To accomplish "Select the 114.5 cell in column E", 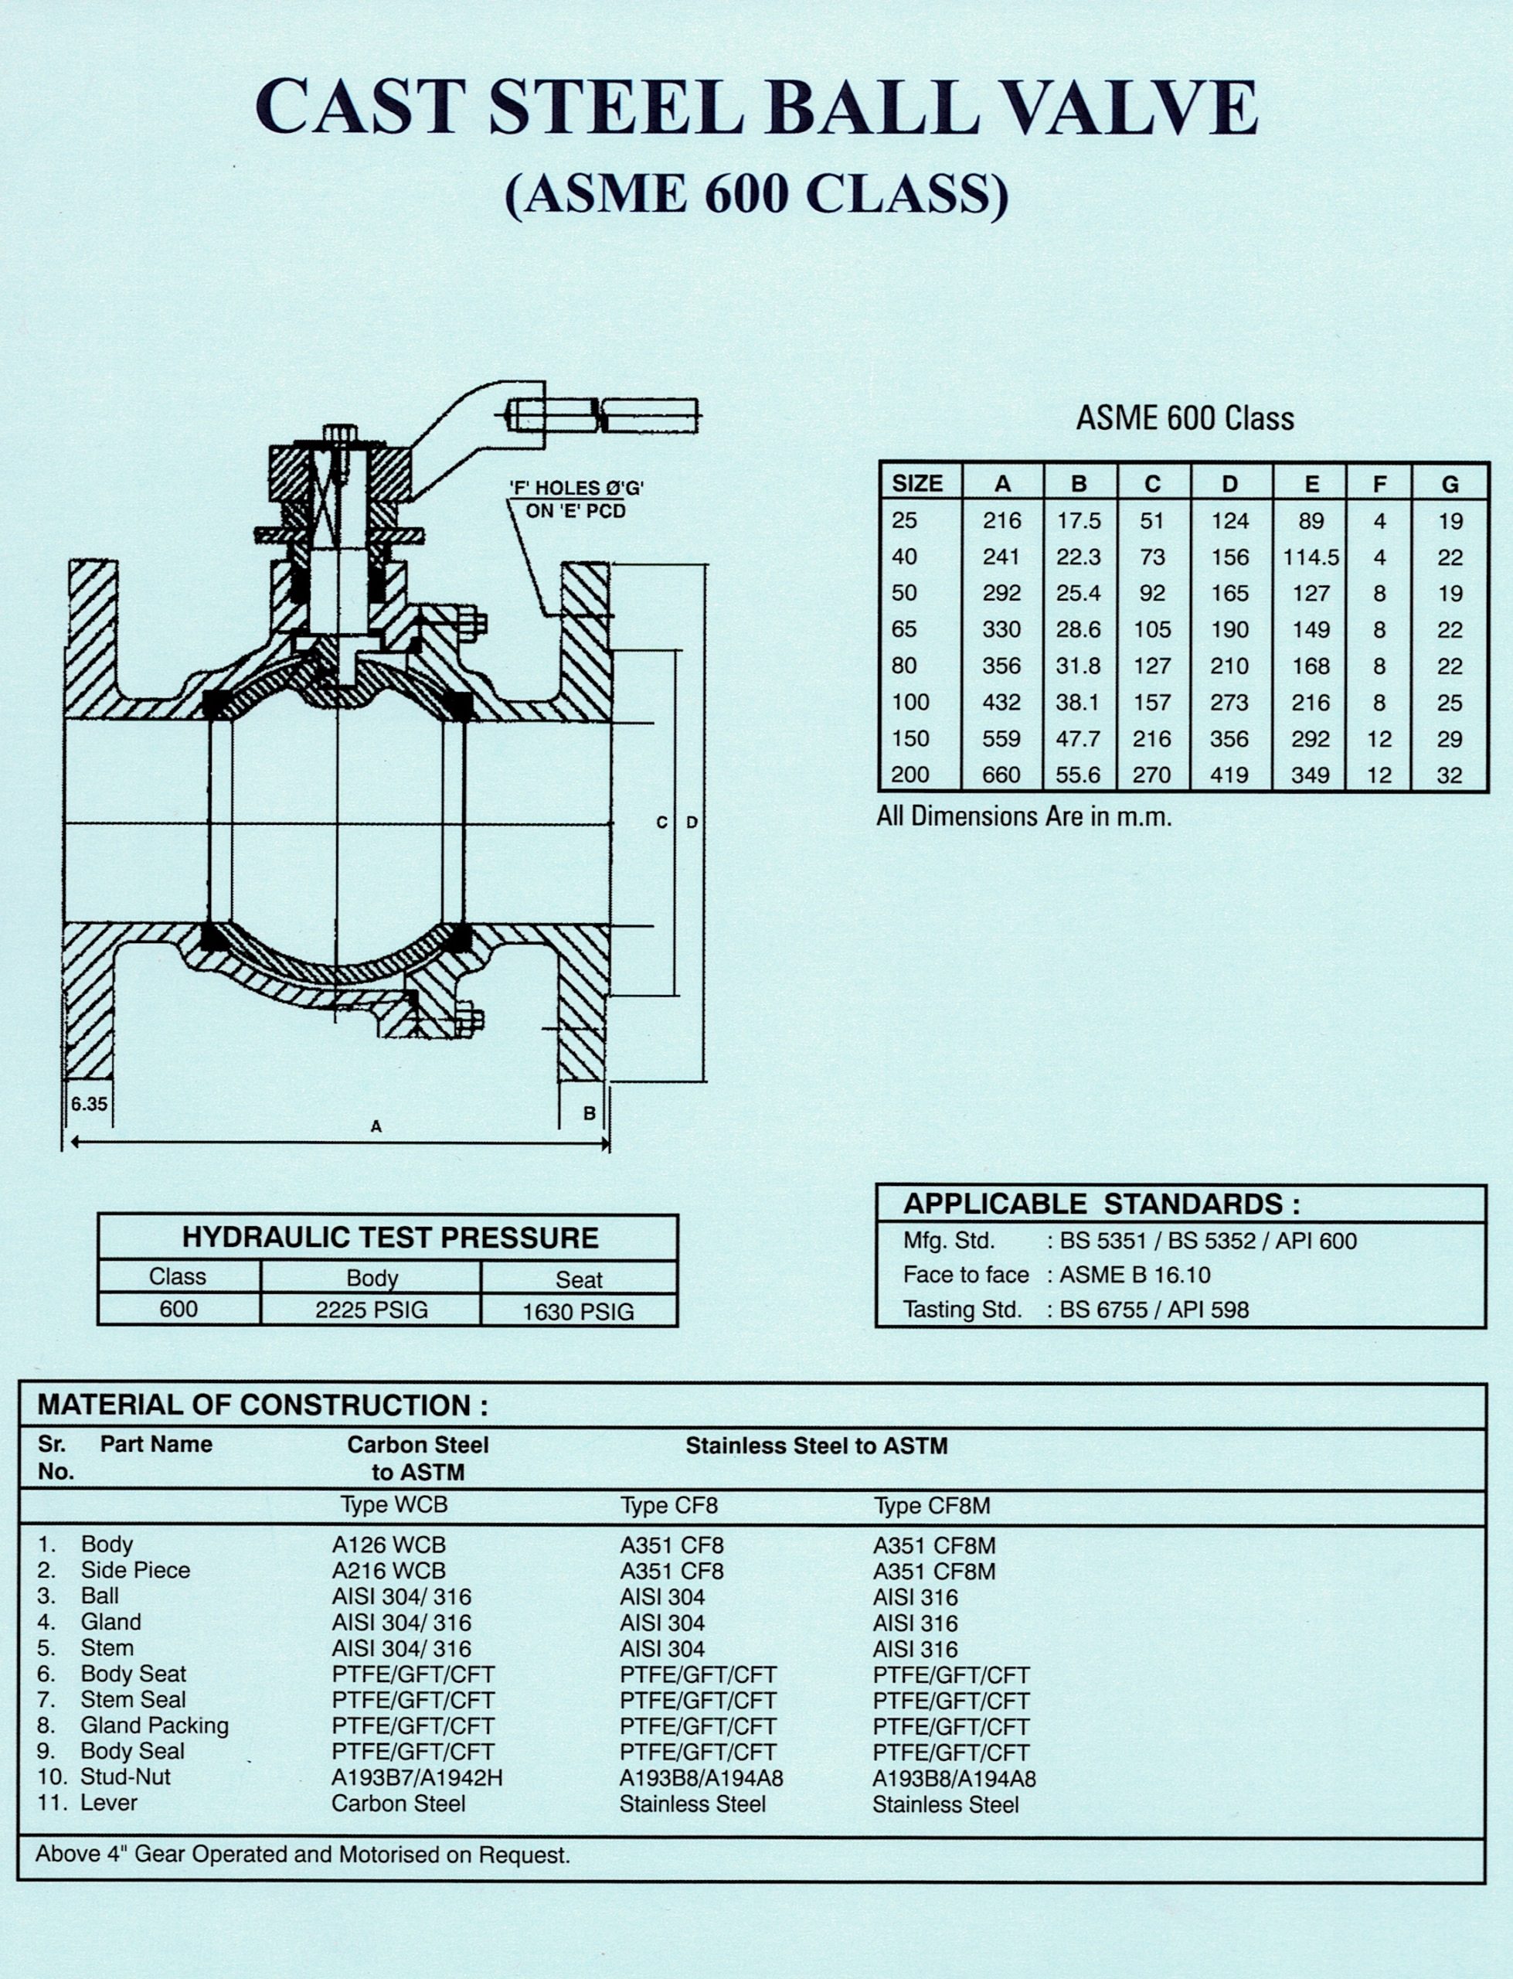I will [1311, 557].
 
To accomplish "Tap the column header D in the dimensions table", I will [1229, 485].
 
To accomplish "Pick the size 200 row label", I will [909, 775].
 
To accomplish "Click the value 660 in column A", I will [1001, 775].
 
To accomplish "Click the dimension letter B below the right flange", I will [589, 1113].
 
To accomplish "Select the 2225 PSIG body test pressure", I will [371, 1310].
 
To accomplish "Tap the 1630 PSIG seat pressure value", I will [578, 1312].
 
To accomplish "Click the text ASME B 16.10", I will [1134, 1276].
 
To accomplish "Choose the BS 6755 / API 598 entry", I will [1154, 1310].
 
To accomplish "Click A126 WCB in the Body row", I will [388, 1545].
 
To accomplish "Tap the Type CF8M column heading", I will [931, 1505].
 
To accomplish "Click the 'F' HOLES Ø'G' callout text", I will [576, 489].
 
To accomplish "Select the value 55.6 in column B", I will [1078, 775].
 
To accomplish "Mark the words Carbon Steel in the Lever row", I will [398, 1804].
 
